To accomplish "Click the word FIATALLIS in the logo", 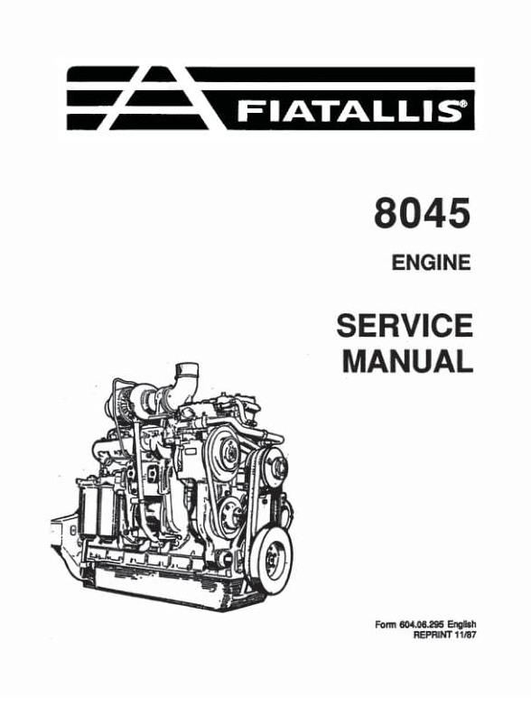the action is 349,111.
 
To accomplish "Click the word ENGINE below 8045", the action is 431,263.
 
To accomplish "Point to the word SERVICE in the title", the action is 405,326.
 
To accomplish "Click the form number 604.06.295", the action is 422,625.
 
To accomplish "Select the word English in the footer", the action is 462,625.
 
